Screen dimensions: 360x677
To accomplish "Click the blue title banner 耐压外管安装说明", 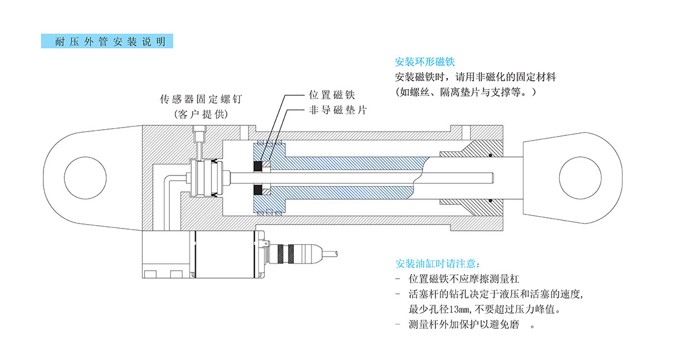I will click(107, 42).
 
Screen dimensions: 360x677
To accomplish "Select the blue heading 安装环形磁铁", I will click(425, 62).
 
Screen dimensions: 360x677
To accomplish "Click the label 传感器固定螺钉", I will click(201, 99).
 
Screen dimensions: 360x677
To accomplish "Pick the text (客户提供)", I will click(201, 113).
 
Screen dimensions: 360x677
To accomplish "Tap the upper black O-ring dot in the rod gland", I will click(491, 155).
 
